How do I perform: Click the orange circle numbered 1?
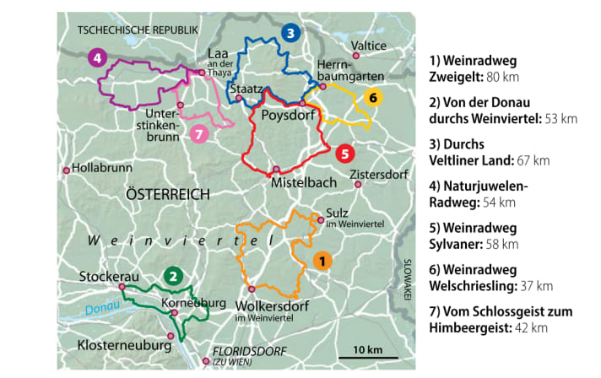[x=322, y=261]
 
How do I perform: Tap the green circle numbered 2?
[x=172, y=275]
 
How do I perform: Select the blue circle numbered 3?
[x=290, y=34]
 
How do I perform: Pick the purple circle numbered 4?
[x=98, y=58]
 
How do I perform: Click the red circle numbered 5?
[x=344, y=154]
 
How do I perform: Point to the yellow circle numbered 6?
[x=372, y=96]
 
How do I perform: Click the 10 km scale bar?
[x=367, y=356]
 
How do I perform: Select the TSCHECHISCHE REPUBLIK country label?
[x=137, y=30]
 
